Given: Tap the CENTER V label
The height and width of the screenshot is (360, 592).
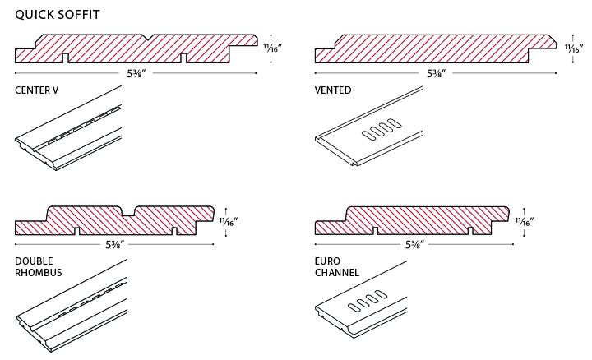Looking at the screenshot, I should (x=36, y=90).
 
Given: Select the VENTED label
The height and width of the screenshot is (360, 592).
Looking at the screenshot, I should (x=333, y=90).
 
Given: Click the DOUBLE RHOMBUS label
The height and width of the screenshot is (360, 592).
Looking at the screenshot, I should (x=39, y=266).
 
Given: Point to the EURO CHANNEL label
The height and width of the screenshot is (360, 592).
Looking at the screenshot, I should (x=337, y=266).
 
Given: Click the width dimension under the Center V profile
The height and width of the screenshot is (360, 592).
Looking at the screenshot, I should (x=136, y=73).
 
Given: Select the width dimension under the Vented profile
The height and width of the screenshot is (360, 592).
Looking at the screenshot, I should (x=436, y=73).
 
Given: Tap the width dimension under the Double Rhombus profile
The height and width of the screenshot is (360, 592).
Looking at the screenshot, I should (x=114, y=244).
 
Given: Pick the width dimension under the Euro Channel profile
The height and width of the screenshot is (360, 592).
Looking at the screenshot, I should (x=414, y=244).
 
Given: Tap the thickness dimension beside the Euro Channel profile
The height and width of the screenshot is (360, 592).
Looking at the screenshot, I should (x=525, y=221).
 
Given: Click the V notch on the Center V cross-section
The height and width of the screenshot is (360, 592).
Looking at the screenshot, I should (x=146, y=38).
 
